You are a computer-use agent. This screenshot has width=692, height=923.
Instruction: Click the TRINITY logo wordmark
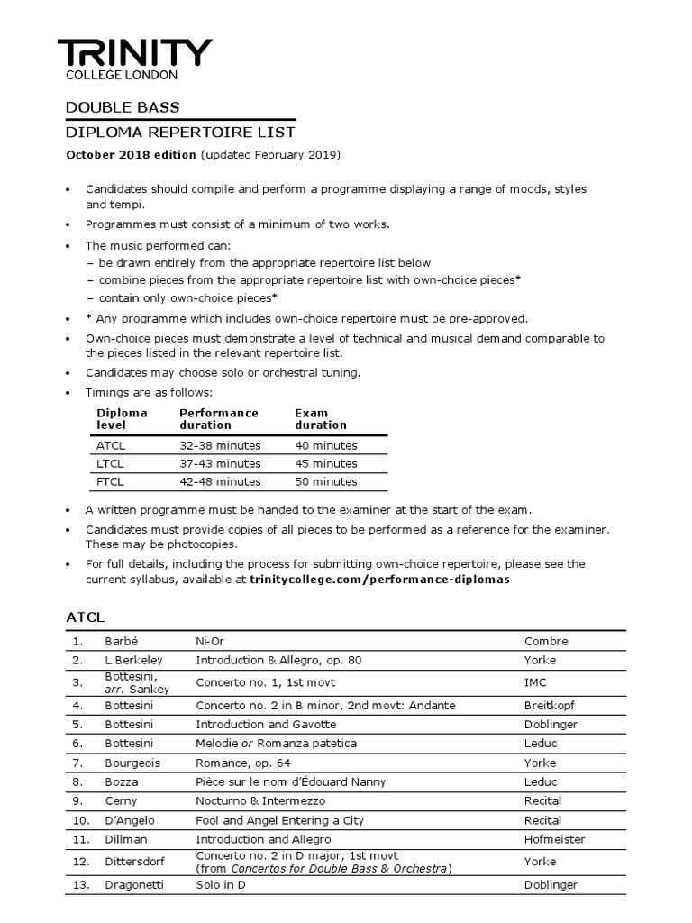135,52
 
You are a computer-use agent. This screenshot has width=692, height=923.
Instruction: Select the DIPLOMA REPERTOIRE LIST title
180,133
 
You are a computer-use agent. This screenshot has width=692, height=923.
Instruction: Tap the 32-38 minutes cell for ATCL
220,445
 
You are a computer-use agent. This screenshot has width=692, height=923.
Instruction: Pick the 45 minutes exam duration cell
325,463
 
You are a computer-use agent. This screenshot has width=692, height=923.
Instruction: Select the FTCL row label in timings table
111,481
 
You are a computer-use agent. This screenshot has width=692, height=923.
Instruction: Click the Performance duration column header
218,418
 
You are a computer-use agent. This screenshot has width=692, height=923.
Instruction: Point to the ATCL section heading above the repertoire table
86,617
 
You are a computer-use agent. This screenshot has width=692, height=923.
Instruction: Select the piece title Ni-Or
210,641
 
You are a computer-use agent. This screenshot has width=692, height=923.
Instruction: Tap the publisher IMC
535,683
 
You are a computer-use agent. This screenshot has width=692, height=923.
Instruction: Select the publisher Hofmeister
554,839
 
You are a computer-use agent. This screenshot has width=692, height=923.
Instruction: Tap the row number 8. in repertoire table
78,781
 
